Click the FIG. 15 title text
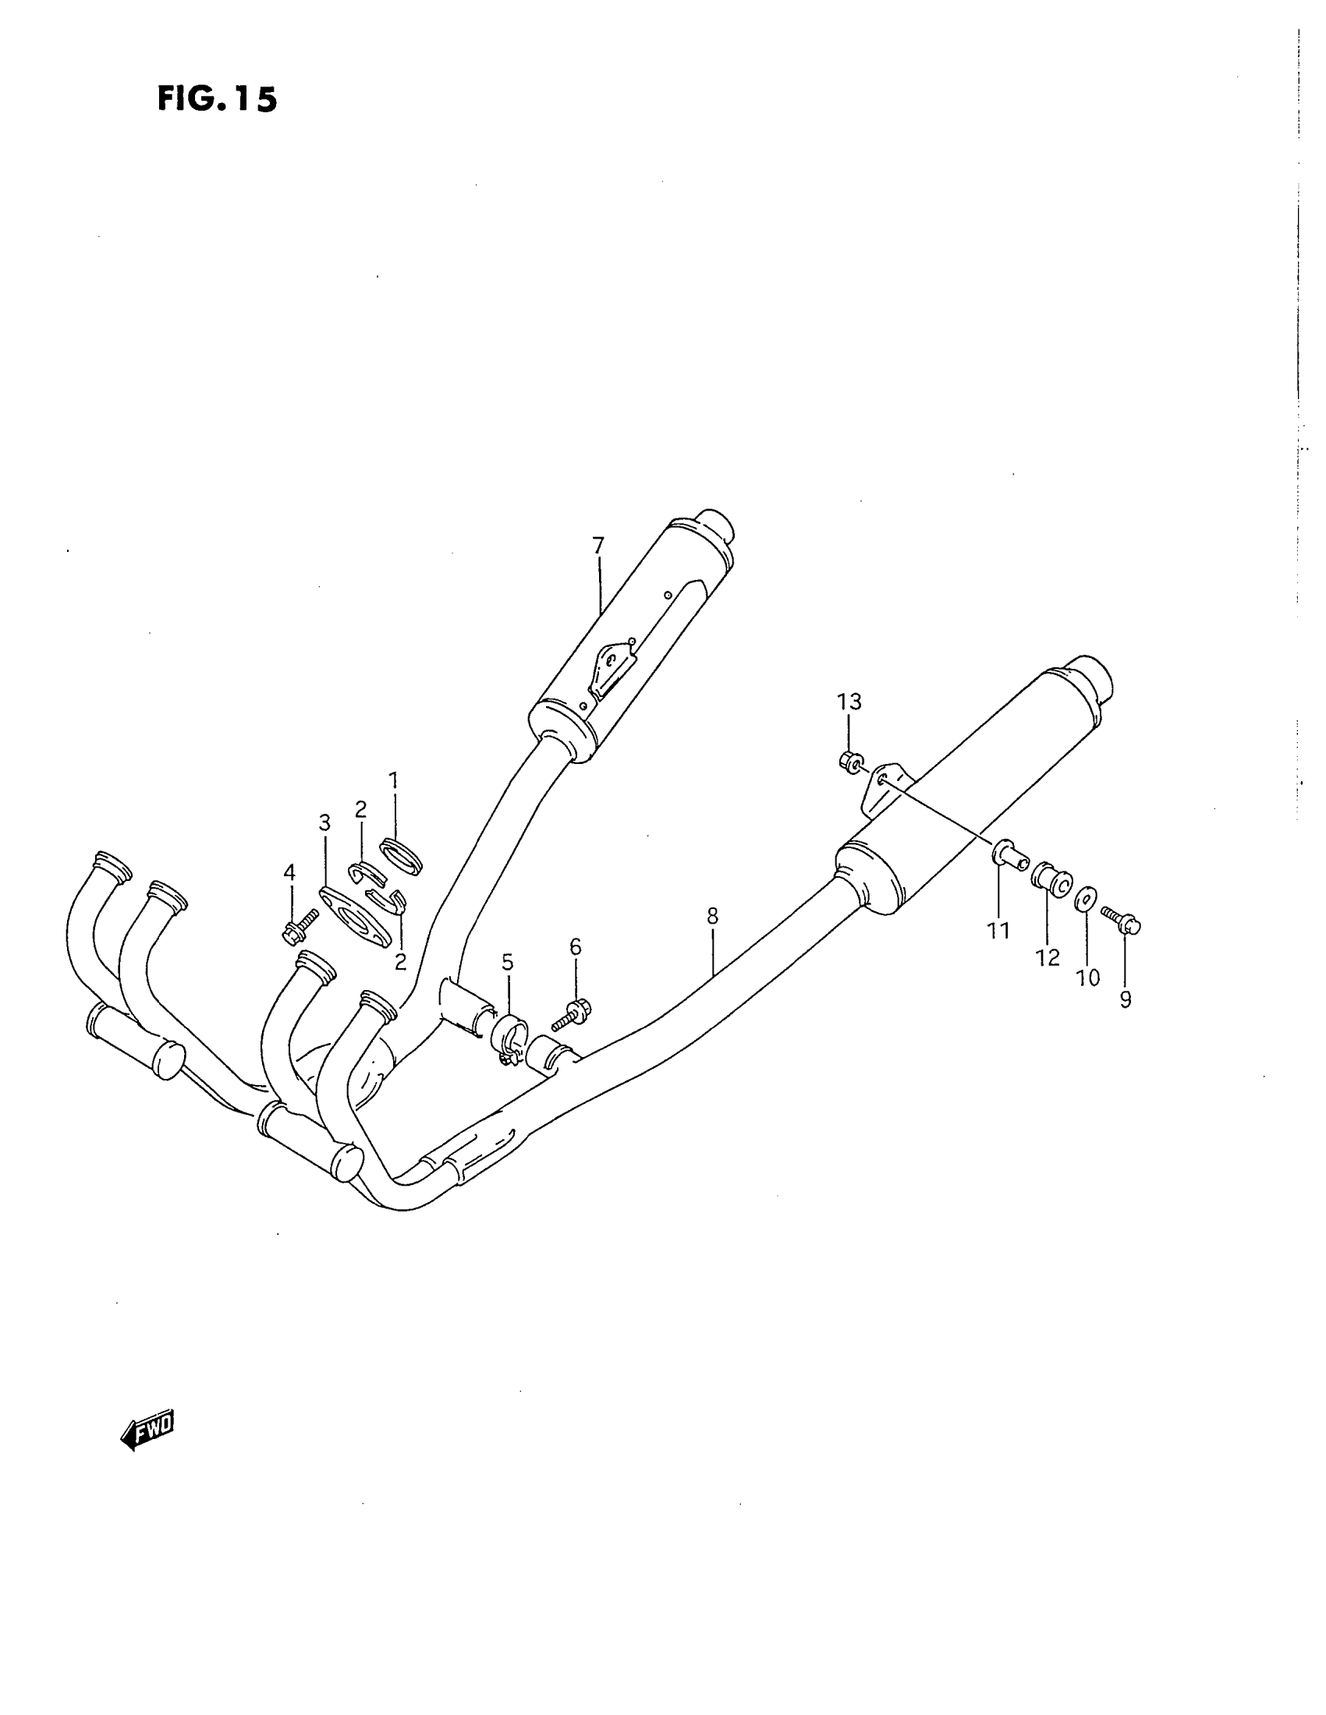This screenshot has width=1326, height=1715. [218, 99]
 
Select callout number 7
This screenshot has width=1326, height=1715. [598, 545]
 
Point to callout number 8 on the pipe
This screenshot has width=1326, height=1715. [712, 916]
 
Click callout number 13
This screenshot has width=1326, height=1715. [849, 702]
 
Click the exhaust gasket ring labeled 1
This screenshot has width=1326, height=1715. [402, 855]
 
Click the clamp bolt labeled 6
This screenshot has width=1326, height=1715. [573, 1014]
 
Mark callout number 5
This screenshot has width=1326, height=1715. [508, 962]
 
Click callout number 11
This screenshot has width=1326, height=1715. [998, 931]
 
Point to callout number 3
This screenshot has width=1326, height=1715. [324, 823]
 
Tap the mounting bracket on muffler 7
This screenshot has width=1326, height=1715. [614, 667]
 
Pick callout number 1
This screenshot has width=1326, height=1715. [394, 780]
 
